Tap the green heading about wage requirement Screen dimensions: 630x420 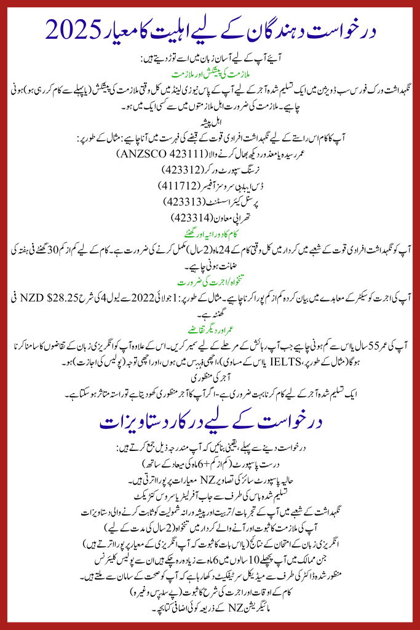pos(210,283)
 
